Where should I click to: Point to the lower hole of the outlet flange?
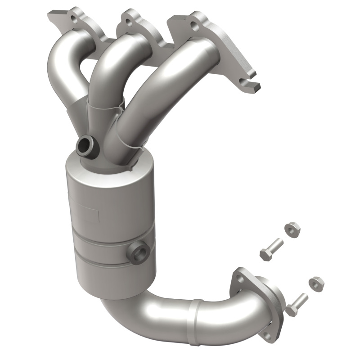tap(268, 335)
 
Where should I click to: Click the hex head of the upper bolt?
tap(265, 254)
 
